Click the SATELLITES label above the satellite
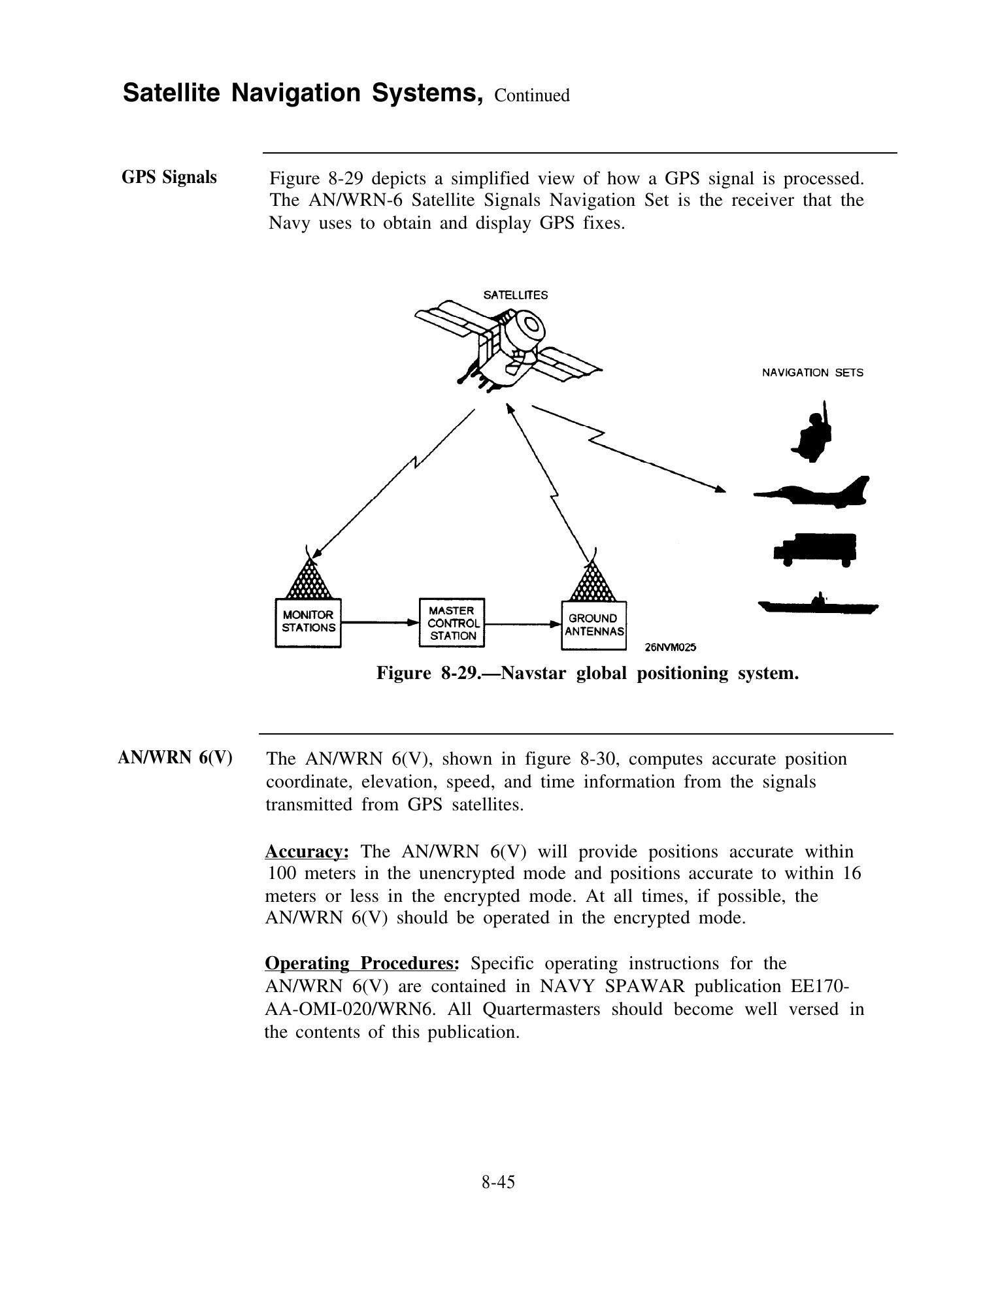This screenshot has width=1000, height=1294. [x=515, y=295]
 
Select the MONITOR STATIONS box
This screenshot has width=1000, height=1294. [x=308, y=622]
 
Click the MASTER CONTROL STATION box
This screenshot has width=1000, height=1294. [x=452, y=622]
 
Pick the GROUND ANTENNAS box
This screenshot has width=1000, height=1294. [x=593, y=625]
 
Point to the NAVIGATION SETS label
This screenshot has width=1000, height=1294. [x=812, y=373]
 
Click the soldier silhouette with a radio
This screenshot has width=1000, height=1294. [x=812, y=433]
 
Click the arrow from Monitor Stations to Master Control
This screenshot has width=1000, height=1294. [x=379, y=623]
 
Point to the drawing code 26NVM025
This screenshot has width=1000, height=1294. [x=670, y=648]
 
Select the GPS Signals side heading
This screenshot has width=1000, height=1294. [x=169, y=177]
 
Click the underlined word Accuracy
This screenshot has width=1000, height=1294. [x=306, y=852]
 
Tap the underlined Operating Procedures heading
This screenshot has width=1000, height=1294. [x=362, y=963]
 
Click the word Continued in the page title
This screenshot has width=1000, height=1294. [x=532, y=96]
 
